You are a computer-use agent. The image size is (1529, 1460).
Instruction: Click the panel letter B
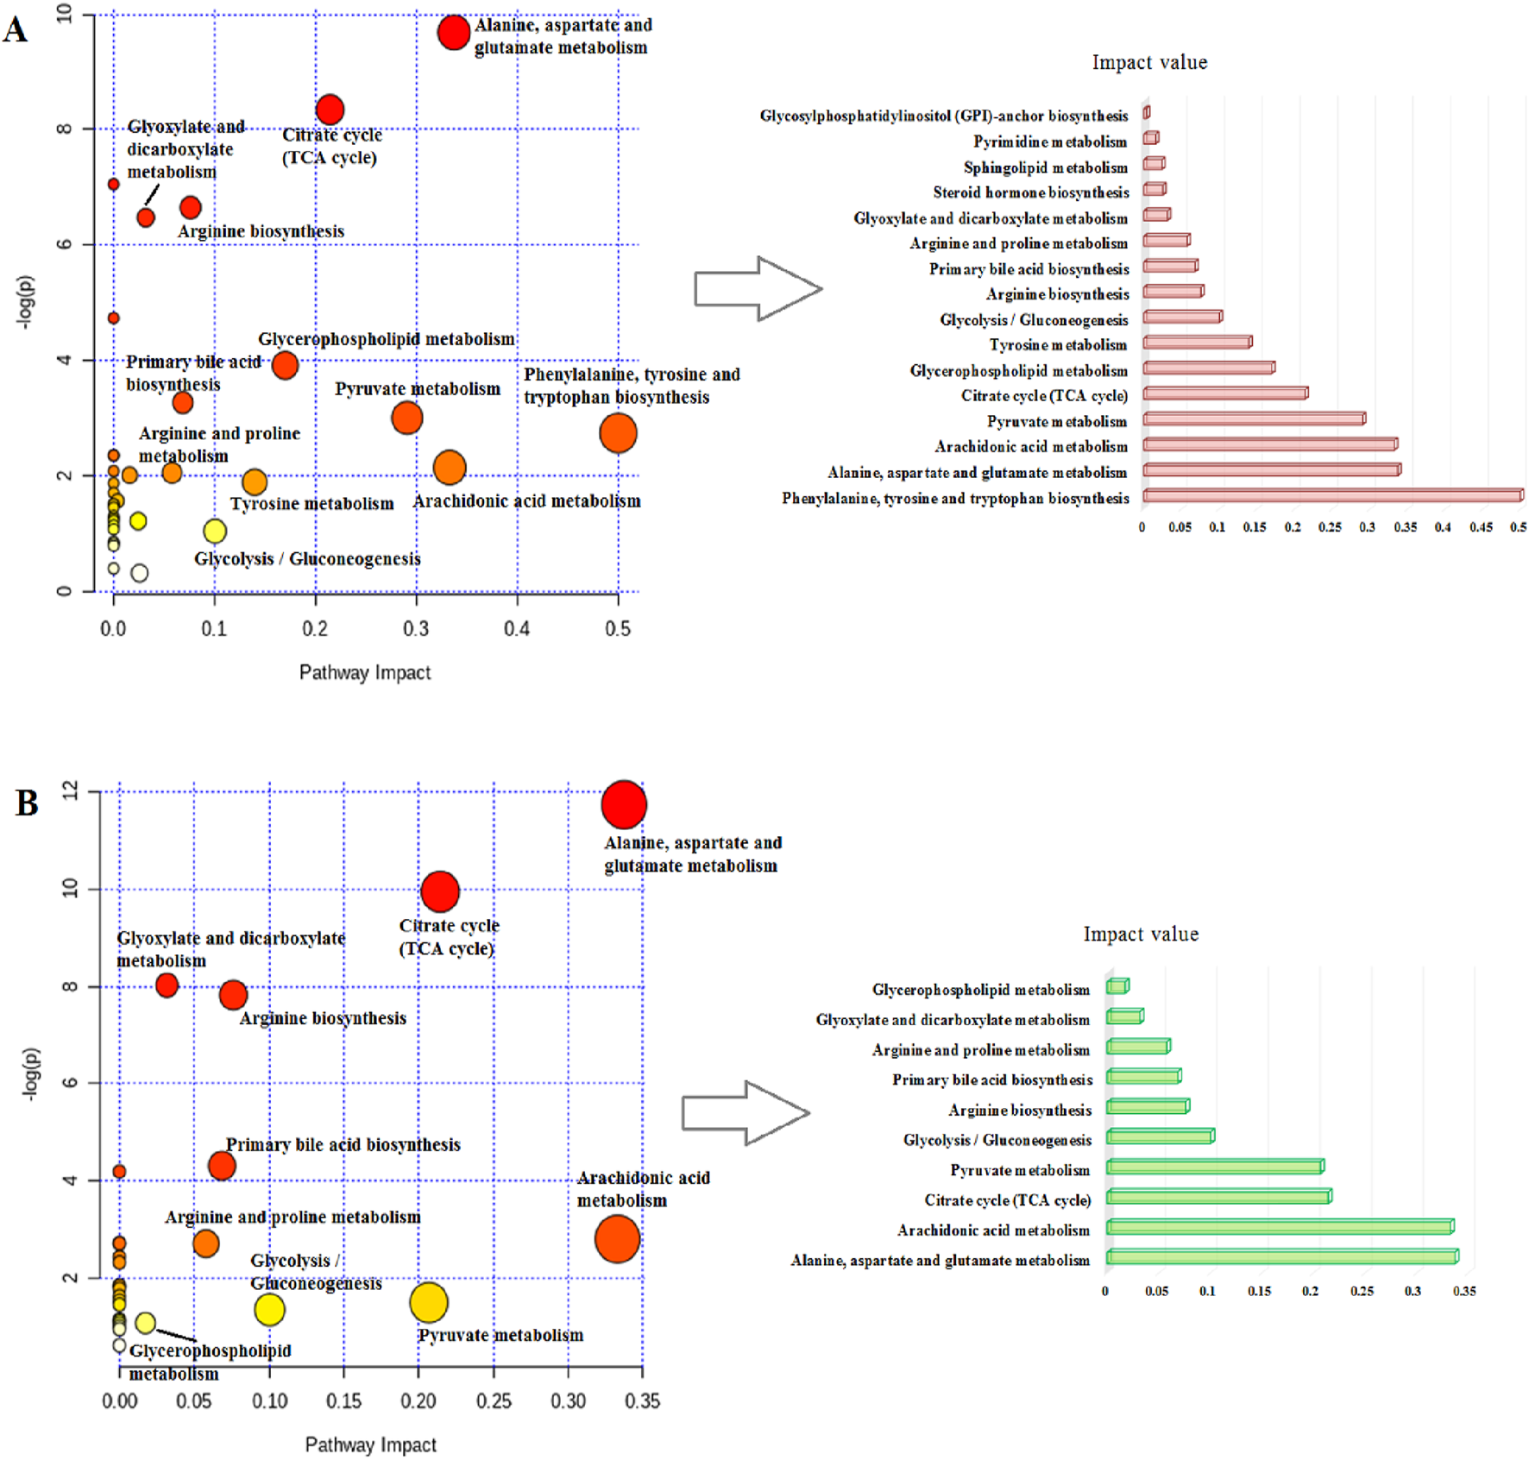tap(27, 802)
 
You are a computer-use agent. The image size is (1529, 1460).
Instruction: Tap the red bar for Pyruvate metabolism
tap(1254, 418)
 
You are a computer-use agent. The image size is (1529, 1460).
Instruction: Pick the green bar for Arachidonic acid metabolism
tap(1280, 1226)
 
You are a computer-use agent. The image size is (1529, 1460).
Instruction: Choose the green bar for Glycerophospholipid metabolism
tap(1117, 985)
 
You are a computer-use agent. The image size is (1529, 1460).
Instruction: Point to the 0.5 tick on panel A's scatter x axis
tap(618, 628)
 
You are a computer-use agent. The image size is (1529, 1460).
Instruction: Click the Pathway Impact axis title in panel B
tap(370, 1444)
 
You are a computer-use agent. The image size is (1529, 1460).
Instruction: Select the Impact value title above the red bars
tap(1149, 62)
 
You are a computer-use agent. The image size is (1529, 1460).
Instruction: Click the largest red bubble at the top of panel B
tap(624, 804)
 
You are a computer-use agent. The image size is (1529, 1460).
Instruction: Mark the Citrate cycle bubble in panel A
tap(330, 110)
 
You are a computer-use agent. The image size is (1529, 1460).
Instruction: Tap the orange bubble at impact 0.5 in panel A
tap(618, 432)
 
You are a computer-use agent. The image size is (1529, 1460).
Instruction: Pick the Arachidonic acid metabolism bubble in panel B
tap(617, 1238)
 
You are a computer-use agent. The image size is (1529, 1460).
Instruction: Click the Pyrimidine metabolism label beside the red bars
tap(1049, 142)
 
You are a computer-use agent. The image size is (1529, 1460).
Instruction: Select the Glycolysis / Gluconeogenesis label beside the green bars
tap(997, 1140)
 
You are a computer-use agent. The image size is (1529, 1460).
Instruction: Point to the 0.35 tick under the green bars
tap(1463, 1291)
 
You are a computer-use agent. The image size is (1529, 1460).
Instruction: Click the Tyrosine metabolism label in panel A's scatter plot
tap(311, 503)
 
